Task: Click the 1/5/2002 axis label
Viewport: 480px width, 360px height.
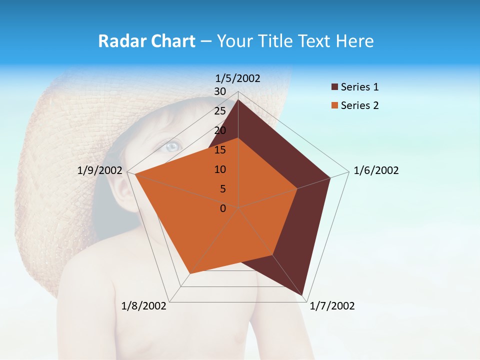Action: (238, 78)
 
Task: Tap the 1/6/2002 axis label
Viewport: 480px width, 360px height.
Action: (376, 170)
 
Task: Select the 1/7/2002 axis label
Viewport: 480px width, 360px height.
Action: (332, 306)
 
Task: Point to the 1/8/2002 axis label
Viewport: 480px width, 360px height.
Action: (144, 306)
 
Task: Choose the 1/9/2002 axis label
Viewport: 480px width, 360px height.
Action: (100, 170)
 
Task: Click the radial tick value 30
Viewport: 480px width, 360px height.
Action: (220, 91)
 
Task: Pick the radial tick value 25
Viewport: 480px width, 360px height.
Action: (220, 111)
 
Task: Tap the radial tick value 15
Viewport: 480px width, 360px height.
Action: (220, 150)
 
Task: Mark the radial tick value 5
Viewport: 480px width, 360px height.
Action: (222, 189)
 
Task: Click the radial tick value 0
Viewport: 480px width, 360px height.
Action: (223, 208)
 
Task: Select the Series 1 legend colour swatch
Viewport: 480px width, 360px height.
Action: (334, 87)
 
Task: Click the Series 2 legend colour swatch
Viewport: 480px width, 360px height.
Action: (334, 105)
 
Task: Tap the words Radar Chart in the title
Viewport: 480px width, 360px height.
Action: (146, 41)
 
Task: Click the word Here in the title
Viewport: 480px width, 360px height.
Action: (354, 41)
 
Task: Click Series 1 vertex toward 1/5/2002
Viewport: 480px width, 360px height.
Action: (238, 100)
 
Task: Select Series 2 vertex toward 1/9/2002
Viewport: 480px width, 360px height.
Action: (135, 174)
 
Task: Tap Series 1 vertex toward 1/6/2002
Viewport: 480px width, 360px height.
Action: (330, 177)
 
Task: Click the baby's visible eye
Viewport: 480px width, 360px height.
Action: (171, 146)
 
